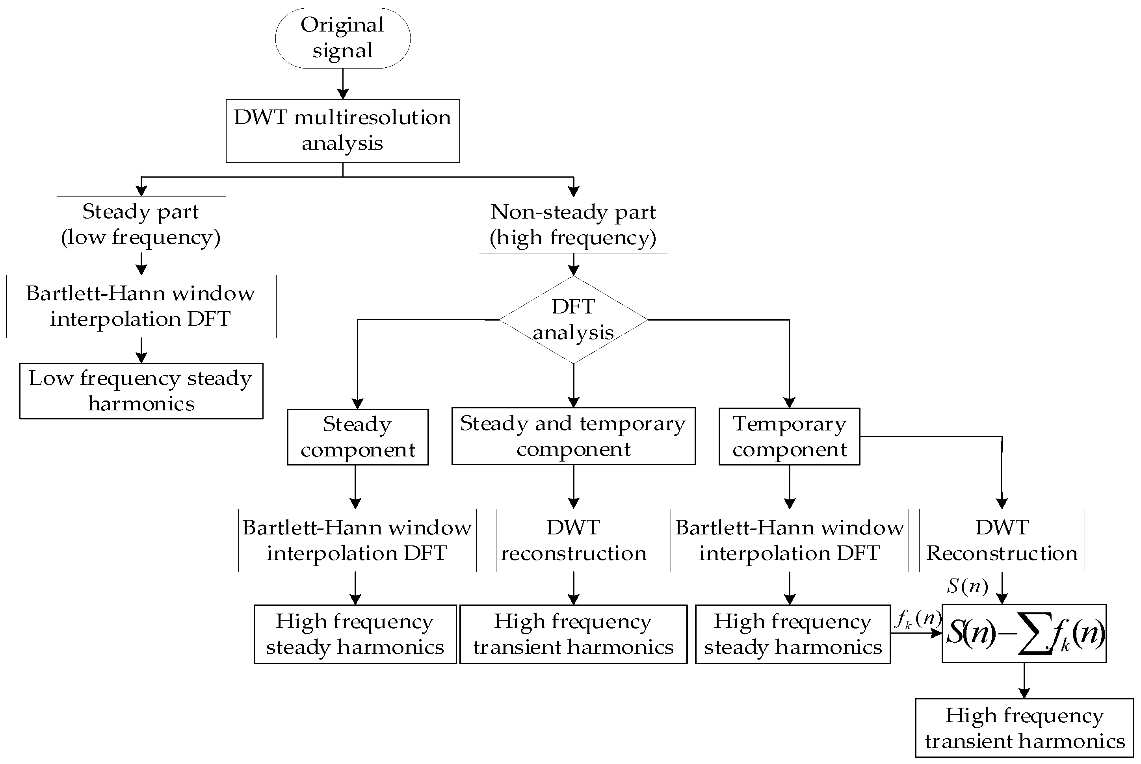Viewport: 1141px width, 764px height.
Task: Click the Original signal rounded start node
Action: [x=343, y=38]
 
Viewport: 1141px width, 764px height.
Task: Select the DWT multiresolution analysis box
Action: [x=343, y=131]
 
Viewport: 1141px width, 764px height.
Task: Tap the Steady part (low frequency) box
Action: [x=141, y=224]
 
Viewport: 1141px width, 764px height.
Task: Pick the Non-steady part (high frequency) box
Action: [x=573, y=225]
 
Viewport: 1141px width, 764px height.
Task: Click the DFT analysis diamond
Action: [x=573, y=320]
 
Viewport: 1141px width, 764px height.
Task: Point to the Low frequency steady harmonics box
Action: [x=141, y=391]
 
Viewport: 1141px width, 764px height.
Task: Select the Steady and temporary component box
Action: [x=573, y=436]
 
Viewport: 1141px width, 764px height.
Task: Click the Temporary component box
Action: [x=789, y=437]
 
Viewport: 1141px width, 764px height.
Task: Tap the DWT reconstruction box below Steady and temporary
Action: [x=573, y=540]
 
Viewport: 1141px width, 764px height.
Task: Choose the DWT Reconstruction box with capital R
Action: [x=1002, y=540]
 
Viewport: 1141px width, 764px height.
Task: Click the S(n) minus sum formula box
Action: [x=1024, y=633]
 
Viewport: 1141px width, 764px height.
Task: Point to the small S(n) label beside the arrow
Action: [x=968, y=586]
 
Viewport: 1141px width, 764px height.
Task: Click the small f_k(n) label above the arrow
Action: [x=918, y=619]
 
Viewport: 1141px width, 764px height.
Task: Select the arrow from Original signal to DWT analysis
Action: [x=343, y=84]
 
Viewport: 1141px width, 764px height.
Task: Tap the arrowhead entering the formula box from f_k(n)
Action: [x=937, y=633]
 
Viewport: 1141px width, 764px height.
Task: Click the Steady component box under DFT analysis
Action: [x=358, y=437]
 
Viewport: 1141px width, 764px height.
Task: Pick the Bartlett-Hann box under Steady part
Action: [x=141, y=306]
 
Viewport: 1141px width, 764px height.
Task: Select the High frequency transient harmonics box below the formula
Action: [x=1024, y=728]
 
